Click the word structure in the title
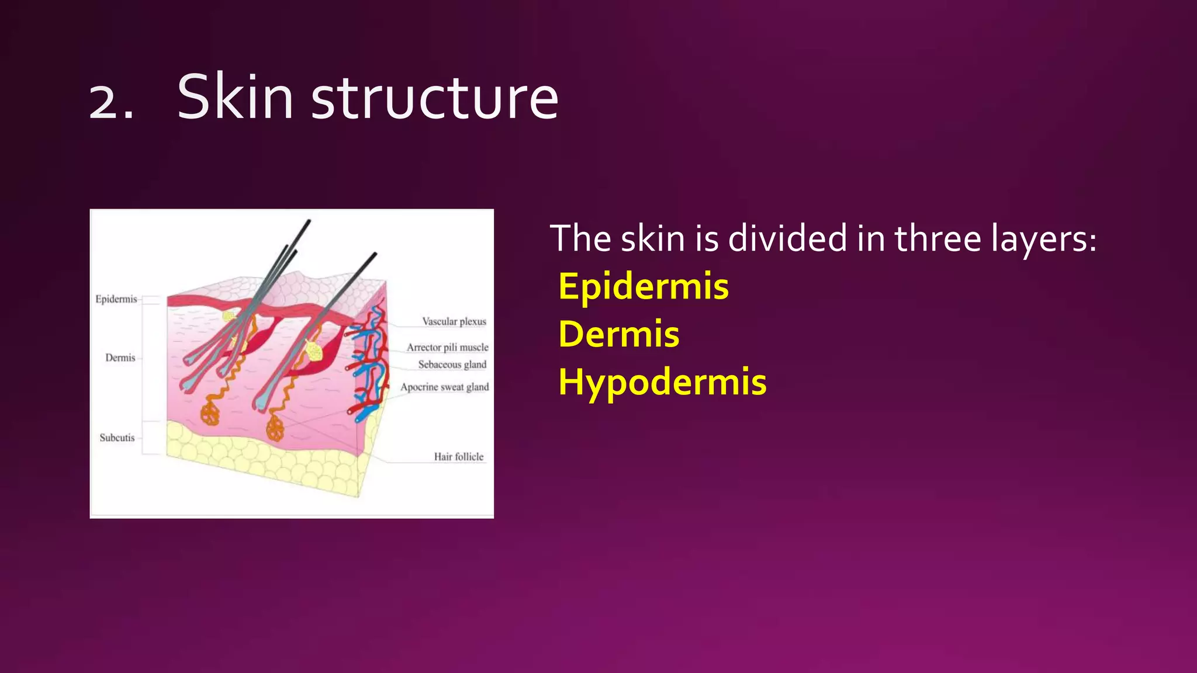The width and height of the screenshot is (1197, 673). click(x=435, y=98)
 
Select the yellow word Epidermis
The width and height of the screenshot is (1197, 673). click(x=644, y=287)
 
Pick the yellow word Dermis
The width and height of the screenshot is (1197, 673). click(x=619, y=334)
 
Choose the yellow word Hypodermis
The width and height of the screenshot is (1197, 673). click(x=662, y=383)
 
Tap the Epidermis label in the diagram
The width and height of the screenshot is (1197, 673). click(x=116, y=299)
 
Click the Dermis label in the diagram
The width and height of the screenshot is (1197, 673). click(x=120, y=358)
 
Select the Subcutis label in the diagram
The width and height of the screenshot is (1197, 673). click(x=117, y=438)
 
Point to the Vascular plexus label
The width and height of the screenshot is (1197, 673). click(x=454, y=321)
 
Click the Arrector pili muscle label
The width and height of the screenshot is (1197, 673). click(x=448, y=347)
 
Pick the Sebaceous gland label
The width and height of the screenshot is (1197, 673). click(x=452, y=365)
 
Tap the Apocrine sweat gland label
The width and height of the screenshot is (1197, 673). click(x=445, y=387)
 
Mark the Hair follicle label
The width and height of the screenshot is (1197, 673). click(x=459, y=457)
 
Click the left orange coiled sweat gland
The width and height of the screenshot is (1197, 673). click(x=209, y=413)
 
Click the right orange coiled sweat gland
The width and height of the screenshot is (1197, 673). click(x=275, y=429)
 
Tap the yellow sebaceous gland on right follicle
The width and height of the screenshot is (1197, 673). click(x=314, y=351)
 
